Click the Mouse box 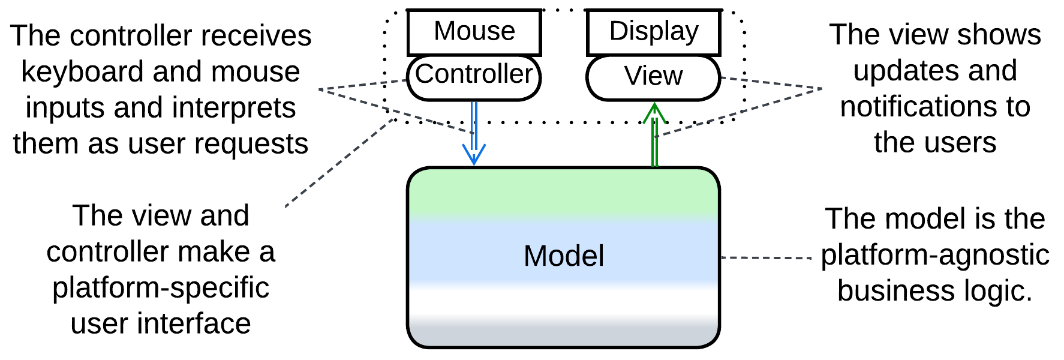474,32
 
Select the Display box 653,32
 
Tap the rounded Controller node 474,76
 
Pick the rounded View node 653,77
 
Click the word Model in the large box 564,256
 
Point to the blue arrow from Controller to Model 474,135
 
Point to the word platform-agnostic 935,255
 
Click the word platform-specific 161,288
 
